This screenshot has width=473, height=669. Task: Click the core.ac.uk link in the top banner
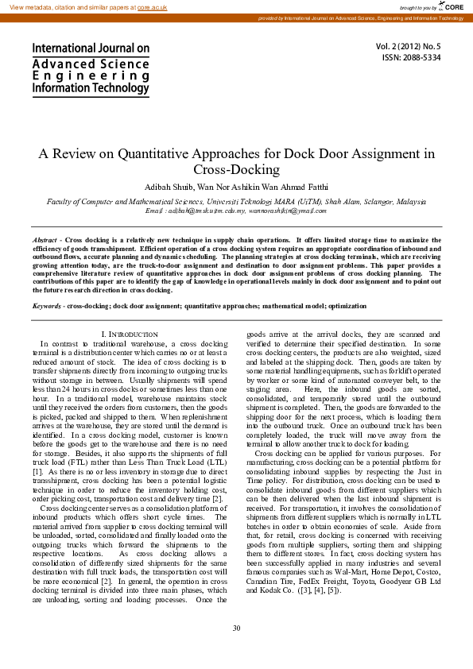coord(152,6)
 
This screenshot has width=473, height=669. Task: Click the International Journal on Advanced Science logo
coord(91,69)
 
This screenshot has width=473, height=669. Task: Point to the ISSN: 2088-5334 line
coord(411,57)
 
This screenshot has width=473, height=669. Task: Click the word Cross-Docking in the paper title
coord(236,169)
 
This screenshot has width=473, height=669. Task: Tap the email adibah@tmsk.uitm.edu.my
coord(207,211)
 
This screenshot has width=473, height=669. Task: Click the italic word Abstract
coord(45,239)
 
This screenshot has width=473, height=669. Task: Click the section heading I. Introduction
coord(130,334)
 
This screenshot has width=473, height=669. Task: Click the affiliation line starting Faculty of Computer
coord(236,202)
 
